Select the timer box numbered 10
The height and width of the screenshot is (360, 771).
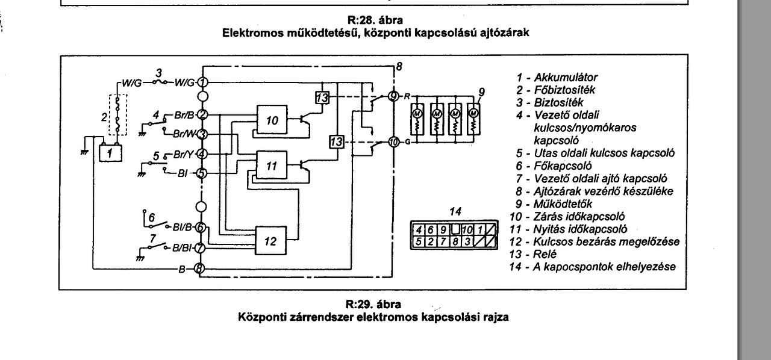point(272,120)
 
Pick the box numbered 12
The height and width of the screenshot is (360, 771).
point(270,241)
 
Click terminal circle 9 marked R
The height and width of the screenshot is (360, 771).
point(393,95)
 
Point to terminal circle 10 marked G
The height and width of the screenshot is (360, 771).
point(393,142)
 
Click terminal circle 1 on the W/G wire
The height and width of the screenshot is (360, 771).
point(202,82)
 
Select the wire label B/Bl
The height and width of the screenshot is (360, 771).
point(181,248)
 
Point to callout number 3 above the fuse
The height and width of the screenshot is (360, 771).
point(158,72)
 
